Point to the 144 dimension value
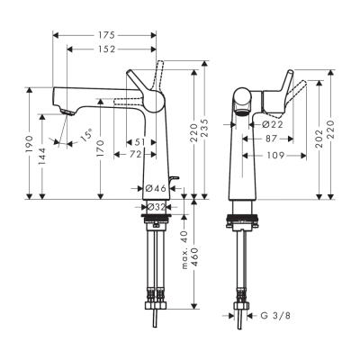coord(45,151)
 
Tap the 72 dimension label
coord(134,156)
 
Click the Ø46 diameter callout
coord(155,188)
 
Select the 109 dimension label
coord(275,155)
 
